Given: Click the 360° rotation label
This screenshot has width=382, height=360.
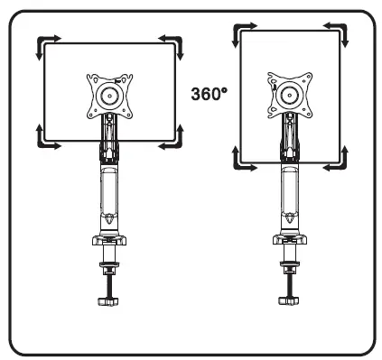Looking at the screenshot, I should click(209, 93).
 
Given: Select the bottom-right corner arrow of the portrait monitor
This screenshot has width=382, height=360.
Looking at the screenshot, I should click(339, 160).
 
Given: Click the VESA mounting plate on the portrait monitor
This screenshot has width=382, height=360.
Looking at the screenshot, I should click(290, 94).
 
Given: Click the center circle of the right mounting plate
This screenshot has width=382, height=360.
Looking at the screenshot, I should click(290, 95).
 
